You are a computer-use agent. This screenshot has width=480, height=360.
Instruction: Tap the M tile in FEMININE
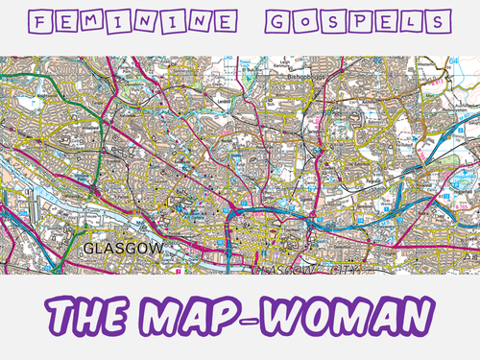pos(114,21)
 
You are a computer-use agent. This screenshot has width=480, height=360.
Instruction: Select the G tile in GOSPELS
pos(286,21)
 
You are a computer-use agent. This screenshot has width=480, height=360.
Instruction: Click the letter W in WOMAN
pos(300,315)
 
